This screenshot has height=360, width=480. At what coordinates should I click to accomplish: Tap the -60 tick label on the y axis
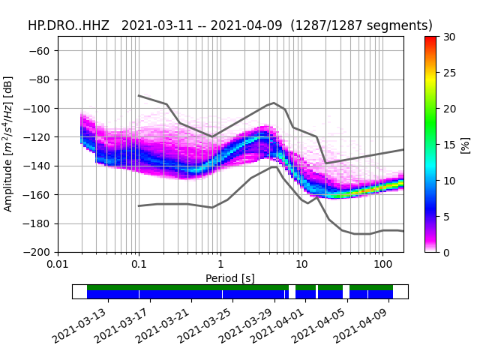pyautogui.click(x=43, y=51)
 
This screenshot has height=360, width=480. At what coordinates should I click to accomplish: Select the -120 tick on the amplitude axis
pyautogui.click(x=40, y=137)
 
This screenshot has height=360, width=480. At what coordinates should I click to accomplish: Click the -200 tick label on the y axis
pyautogui.click(x=40, y=252)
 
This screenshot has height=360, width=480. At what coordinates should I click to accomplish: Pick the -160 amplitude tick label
pyautogui.click(x=40, y=195)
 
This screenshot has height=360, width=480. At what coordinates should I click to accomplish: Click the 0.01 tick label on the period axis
pyautogui.click(x=58, y=265)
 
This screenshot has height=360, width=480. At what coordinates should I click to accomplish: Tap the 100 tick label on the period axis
pyautogui.click(x=382, y=265)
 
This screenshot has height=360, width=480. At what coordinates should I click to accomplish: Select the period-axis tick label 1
pyautogui.click(x=220, y=265)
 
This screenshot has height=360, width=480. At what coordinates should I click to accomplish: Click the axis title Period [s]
pyautogui.click(x=230, y=278)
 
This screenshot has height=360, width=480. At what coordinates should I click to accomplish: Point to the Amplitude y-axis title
pyautogui.click(x=8, y=143)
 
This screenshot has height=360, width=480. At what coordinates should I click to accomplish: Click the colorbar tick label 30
pyautogui.click(x=448, y=37)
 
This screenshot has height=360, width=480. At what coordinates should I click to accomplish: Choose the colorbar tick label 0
pyautogui.click(x=446, y=252)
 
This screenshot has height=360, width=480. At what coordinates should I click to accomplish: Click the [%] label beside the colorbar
pyautogui.click(x=466, y=144)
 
